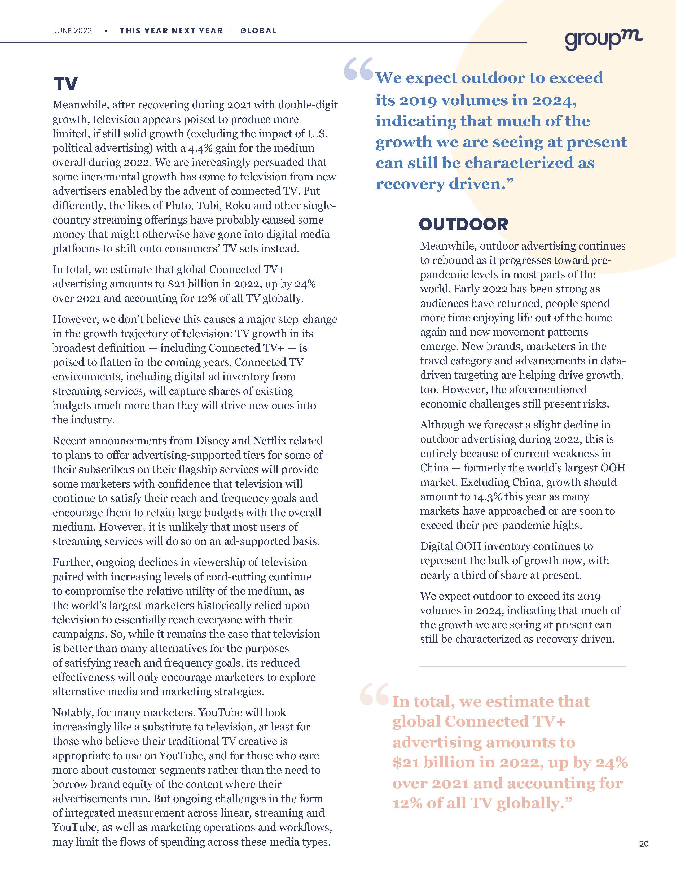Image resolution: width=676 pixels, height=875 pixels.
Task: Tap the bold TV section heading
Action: tap(66, 84)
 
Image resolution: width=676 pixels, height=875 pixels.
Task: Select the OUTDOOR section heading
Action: tap(463, 225)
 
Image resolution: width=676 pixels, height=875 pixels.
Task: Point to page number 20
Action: tap(644, 855)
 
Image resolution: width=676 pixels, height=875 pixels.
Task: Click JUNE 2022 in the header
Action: tap(72, 31)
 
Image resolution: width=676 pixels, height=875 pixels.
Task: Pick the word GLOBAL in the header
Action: tap(258, 31)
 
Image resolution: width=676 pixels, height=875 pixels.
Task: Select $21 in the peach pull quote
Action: tap(405, 762)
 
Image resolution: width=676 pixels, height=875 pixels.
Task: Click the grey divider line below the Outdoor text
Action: tap(523, 666)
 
